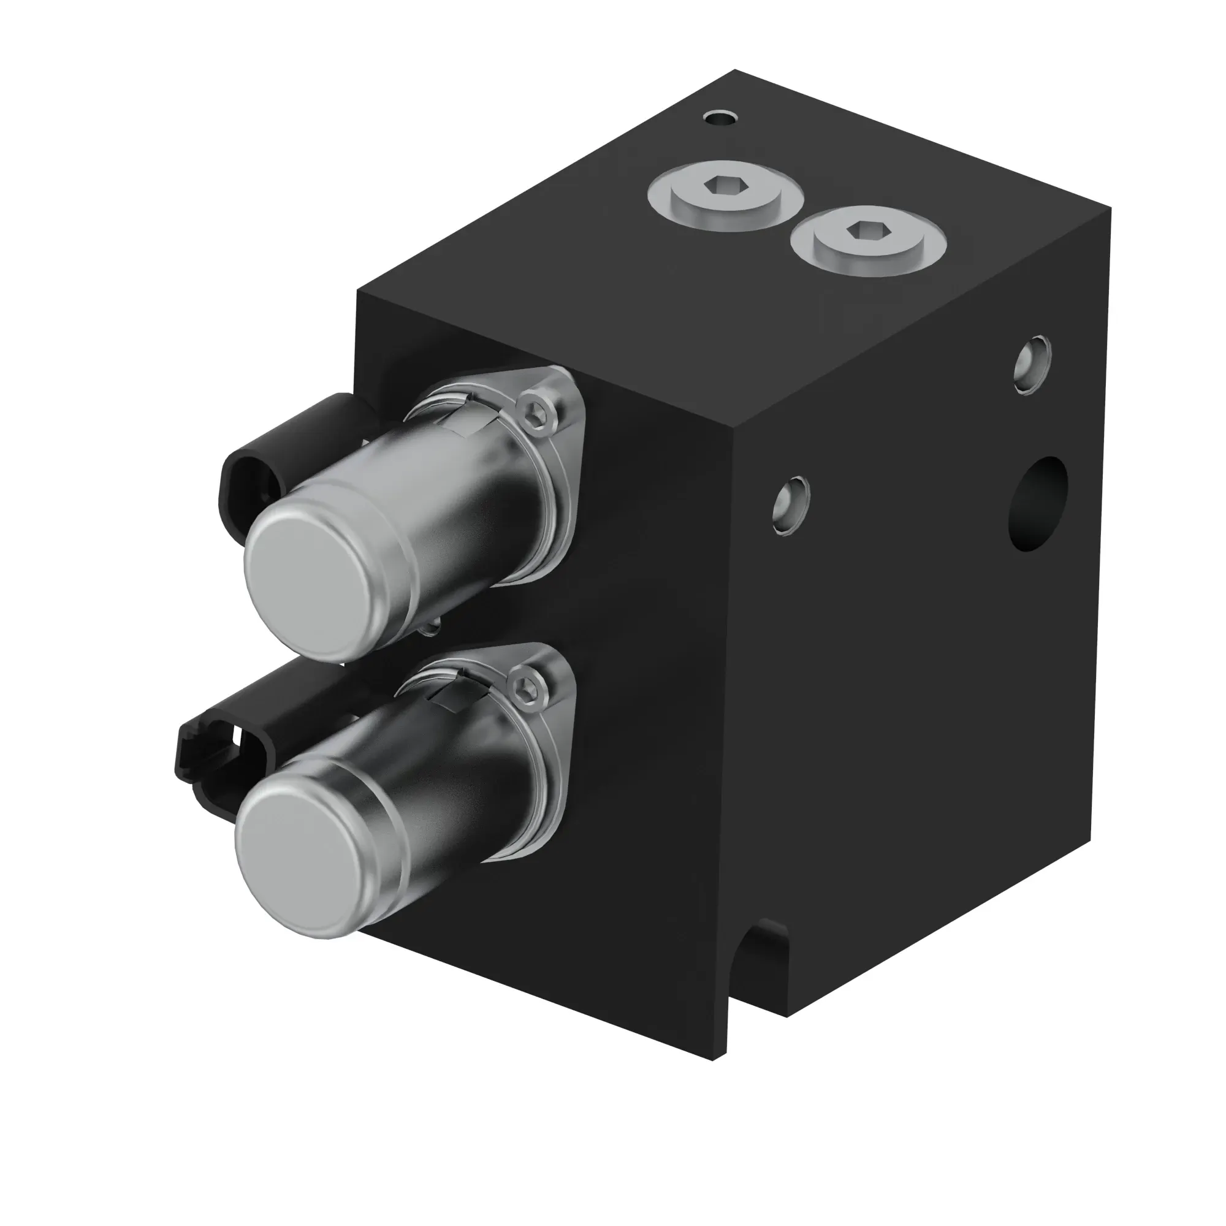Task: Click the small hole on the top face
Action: pyautogui.click(x=721, y=118)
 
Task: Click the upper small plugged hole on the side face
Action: pyautogui.click(x=1032, y=365)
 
